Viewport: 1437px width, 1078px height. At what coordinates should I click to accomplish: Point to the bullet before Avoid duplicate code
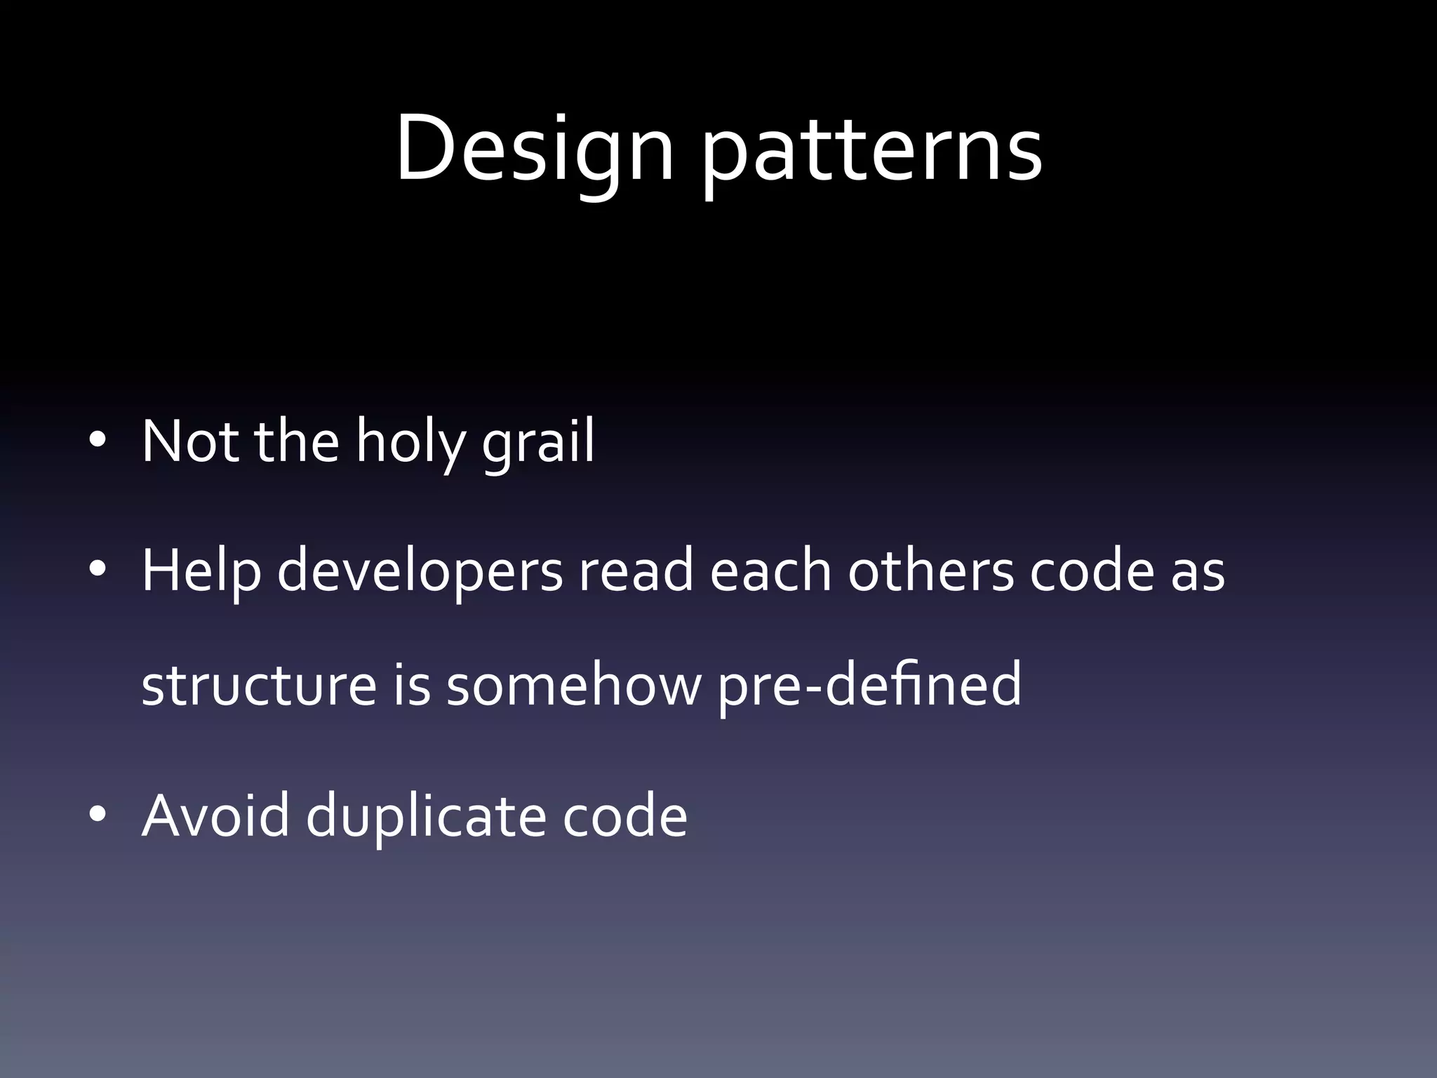point(98,814)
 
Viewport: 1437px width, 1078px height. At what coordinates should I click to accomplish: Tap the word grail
point(538,442)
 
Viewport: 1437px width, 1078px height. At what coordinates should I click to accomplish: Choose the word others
point(931,570)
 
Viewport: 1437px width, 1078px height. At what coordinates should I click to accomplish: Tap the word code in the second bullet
point(1092,570)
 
